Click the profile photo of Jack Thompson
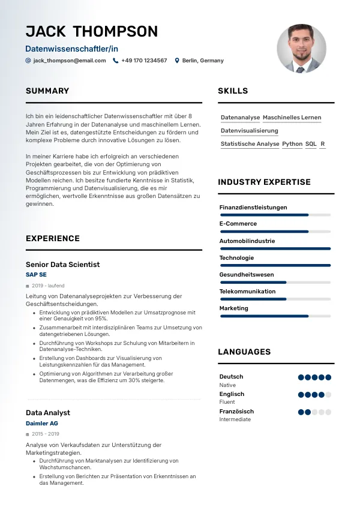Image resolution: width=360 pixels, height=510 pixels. [x=301, y=49]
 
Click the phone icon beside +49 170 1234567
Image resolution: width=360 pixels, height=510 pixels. [x=116, y=61]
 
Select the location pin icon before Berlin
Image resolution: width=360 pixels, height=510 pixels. [x=177, y=61]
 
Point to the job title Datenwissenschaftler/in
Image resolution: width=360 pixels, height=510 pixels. [x=72, y=47]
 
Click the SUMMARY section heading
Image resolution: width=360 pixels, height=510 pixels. [x=47, y=91]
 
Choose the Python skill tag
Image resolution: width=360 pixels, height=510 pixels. [x=292, y=144]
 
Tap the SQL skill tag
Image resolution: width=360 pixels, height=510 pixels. [x=311, y=144]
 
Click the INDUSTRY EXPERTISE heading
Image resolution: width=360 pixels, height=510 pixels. [x=264, y=182]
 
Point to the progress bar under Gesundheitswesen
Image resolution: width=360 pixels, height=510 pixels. [x=275, y=282]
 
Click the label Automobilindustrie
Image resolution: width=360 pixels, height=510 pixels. [x=247, y=241]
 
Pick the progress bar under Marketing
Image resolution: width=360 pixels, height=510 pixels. [x=275, y=316]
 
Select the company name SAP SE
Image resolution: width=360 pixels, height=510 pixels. [x=36, y=275]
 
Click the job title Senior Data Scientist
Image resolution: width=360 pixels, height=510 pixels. [x=62, y=265]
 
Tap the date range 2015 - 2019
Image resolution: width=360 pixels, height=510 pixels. [x=46, y=434]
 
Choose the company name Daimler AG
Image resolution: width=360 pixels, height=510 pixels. [x=42, y=424]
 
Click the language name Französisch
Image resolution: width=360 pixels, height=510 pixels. [x=236, y=412]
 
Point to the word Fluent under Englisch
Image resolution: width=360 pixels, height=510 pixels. [x=227, y=402]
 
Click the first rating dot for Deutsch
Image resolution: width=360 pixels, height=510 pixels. [x=301, y=377]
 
